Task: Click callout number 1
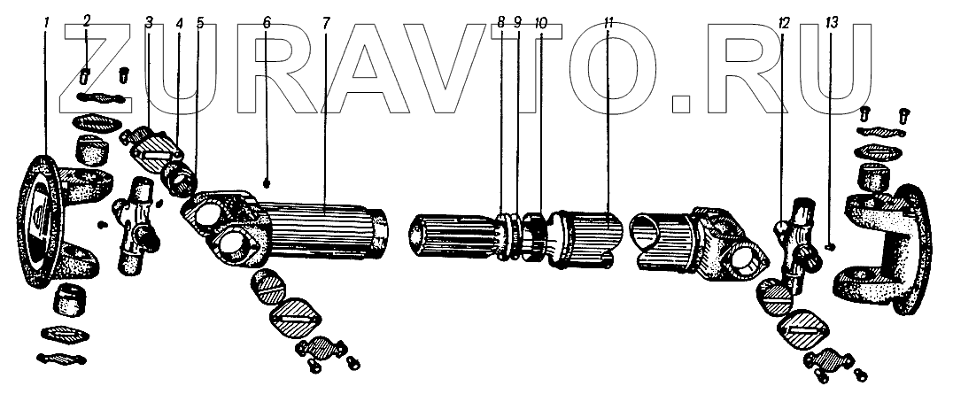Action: tap(47, 22)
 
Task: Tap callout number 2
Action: tap(87, 21)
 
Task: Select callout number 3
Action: tap(150, 22)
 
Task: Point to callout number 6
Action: tap(267, 22)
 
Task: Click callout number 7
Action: tap(326, 22)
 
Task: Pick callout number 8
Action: tap(500, 22)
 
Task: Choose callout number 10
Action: tap(540, 23)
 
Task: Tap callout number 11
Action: tap(609, 23)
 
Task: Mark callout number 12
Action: tap(784, 23)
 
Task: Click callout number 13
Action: tap(832, 23)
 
